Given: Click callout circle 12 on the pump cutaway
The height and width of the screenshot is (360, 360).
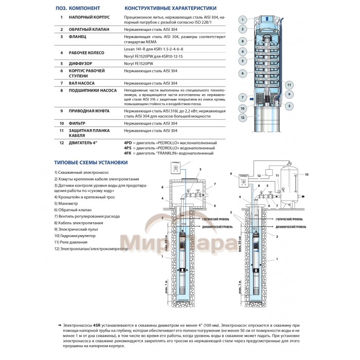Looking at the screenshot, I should tap(243, 117).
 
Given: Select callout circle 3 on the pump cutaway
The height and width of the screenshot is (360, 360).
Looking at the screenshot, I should tap(290, 105).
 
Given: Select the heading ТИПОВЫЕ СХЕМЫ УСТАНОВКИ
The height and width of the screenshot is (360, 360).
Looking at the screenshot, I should tap(91, 163).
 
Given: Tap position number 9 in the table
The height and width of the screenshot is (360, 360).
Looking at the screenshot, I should tap(61, 111).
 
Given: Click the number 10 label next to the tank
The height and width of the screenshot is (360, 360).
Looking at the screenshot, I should tap(307, 175).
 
